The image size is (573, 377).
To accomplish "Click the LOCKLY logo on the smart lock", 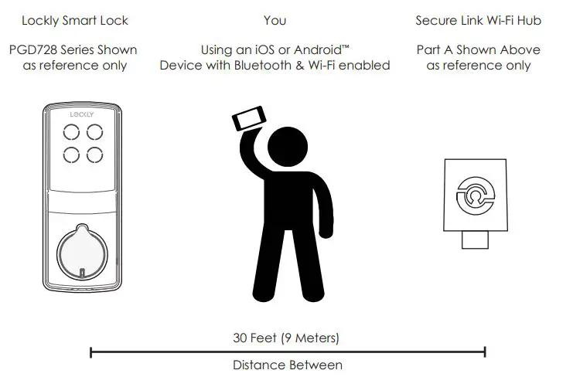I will (x=81, y=114).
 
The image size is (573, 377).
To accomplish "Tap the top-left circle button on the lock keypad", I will (x=70, y=132).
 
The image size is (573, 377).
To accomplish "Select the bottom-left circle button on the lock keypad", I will (x=70, y=155).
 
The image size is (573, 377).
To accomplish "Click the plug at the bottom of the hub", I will (x=475, y=239).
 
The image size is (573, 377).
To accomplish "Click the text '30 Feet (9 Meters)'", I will (x=286, y=338).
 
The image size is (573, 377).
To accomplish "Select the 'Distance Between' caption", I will (x=287, y=365).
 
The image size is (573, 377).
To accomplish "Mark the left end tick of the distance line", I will (x=91, y=352).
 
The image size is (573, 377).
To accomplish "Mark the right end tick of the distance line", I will (x=485, y=352).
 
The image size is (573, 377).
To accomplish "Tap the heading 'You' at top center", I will (x=275, y=20).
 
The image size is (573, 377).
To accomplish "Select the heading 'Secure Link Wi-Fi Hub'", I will (x=478, y=20).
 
